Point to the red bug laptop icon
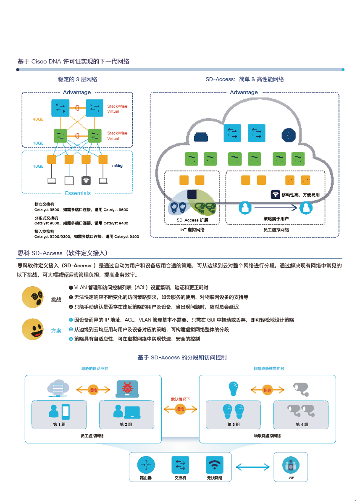point(127,389)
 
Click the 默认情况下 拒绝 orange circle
point(180,409)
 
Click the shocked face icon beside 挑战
point(33,298)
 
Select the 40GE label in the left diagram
point(38,119)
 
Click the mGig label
point(117,166)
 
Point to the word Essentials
point(78,193)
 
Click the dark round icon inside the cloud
point(288,135)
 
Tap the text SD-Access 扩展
point(192,220)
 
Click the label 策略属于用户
point(276,219)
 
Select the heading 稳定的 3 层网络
point(77,79)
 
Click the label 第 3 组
point(234,425)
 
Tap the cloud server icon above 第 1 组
point(58,388)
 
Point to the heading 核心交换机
point(44,204)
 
